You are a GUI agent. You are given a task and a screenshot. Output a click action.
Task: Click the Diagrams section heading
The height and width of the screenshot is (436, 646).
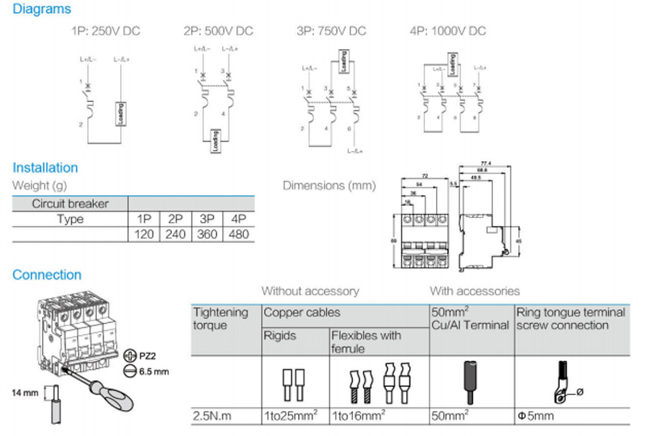[x=41, y=10]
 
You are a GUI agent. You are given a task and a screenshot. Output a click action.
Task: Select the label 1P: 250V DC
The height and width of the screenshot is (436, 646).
[x=107, y=31]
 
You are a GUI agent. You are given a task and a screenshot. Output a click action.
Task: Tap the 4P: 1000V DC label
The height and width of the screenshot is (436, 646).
[x=447, y=31]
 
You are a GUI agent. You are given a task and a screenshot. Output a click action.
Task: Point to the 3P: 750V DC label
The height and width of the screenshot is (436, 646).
[x=331, y=31]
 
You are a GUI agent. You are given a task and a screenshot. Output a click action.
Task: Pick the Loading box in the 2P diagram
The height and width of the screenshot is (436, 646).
[x=215, y=141]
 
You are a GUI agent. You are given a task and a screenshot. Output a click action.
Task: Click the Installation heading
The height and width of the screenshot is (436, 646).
[x=45, y=168]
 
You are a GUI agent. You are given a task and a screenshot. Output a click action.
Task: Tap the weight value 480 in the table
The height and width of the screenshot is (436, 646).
[x=237, y=234]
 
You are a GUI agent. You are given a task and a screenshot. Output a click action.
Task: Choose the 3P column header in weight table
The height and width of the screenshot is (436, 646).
[x=206, y=219]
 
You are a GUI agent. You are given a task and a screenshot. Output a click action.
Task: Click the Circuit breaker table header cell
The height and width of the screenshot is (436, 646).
[x=69, y=203]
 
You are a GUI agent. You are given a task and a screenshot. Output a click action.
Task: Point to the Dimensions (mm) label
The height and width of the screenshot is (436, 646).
[x=329, y=186]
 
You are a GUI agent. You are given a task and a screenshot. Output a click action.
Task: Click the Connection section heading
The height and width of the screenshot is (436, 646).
[x=47, y=275]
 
